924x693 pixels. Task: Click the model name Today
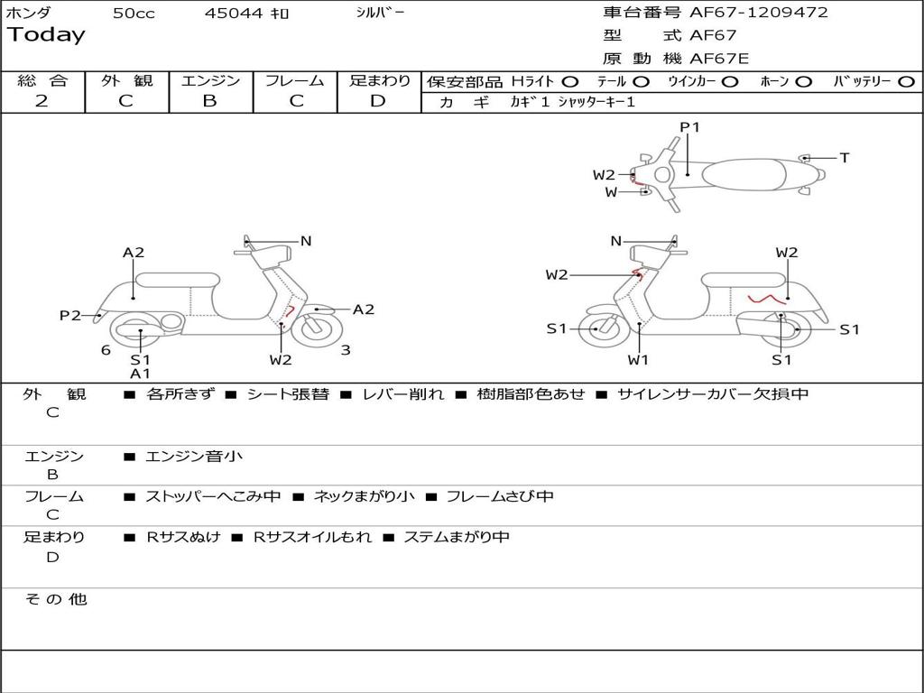tap(46, 35)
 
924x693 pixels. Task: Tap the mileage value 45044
tap(234, 14)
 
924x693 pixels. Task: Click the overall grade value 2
tap(42, 101)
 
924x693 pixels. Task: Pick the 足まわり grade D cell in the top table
tap(378, 101)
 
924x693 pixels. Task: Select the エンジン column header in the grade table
tap(210, 81)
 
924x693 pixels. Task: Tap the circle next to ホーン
tap(804, 82)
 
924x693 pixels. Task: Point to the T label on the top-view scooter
tap(845, 158)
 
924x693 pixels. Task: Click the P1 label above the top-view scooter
tap(689, 127)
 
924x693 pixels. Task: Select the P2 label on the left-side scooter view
tap(69, 316)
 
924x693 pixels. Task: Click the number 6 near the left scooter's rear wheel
tap(106, 350)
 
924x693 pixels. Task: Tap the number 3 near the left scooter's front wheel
tap(346, 350)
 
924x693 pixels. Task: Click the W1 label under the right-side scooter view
tap(639, 360)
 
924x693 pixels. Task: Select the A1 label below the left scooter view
tap(140, 374)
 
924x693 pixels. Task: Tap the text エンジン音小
tap(194, 457)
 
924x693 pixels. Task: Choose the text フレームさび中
tap(500, 496)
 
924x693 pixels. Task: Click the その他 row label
tap(56, 599)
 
